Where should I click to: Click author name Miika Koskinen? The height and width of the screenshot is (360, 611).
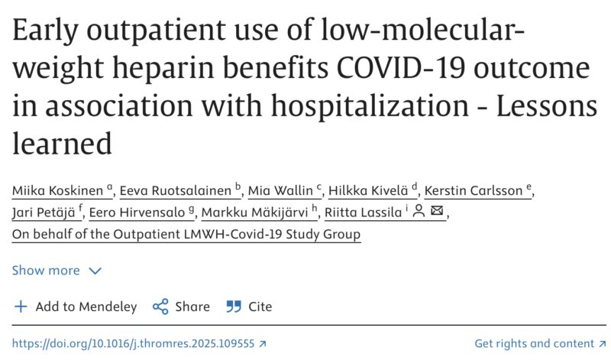[x=58, y=190]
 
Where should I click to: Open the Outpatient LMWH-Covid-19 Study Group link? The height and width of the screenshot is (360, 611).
[x=187, y=234]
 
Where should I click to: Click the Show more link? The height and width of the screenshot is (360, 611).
[x=46, y=271]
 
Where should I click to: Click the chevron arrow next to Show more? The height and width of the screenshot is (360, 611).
[x=95, y=271]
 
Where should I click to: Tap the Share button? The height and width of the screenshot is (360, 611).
[x=181, y=306]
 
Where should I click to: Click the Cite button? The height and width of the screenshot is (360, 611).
[x=250, y=306]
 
